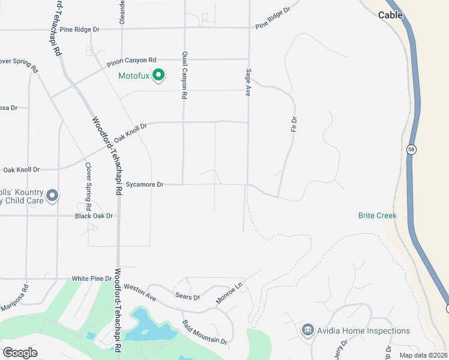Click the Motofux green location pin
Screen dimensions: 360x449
pos(158,76)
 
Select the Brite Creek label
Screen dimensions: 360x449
pos(378,215)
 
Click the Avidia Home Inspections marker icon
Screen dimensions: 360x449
pos(308,330)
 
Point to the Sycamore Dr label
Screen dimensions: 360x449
pos(145,185)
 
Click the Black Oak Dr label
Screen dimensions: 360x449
pos(94,215)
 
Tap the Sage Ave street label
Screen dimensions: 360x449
pos(247,82)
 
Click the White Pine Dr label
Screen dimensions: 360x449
pos(92,278)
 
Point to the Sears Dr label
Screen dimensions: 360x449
pos(188,297)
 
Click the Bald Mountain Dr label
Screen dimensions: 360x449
pos(204,332)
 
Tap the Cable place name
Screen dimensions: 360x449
pos(390,15)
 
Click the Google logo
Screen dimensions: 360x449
pos(20,353)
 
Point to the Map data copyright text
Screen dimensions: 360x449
pos(423,355)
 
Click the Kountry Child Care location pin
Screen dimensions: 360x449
pos(52,195)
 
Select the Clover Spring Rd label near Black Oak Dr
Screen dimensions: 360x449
pos(88,182)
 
